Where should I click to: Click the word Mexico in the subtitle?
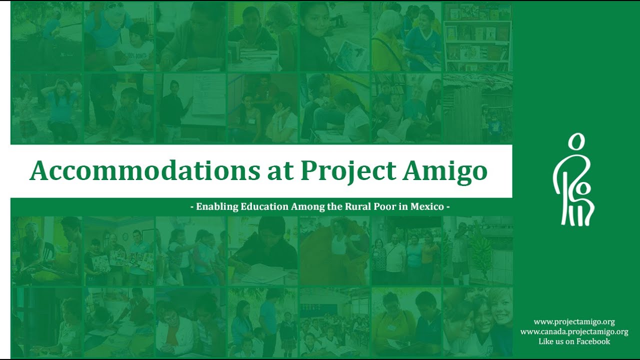[427, 206]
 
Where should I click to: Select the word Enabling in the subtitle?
[216, 206]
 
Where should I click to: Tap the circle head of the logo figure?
[576, 142]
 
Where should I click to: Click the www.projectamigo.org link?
[574, 322]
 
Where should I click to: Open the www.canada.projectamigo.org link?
[574, 331]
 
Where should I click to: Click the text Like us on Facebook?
[574, 341]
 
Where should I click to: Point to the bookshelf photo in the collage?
[477, 37]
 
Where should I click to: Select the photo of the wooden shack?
[477, 107]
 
